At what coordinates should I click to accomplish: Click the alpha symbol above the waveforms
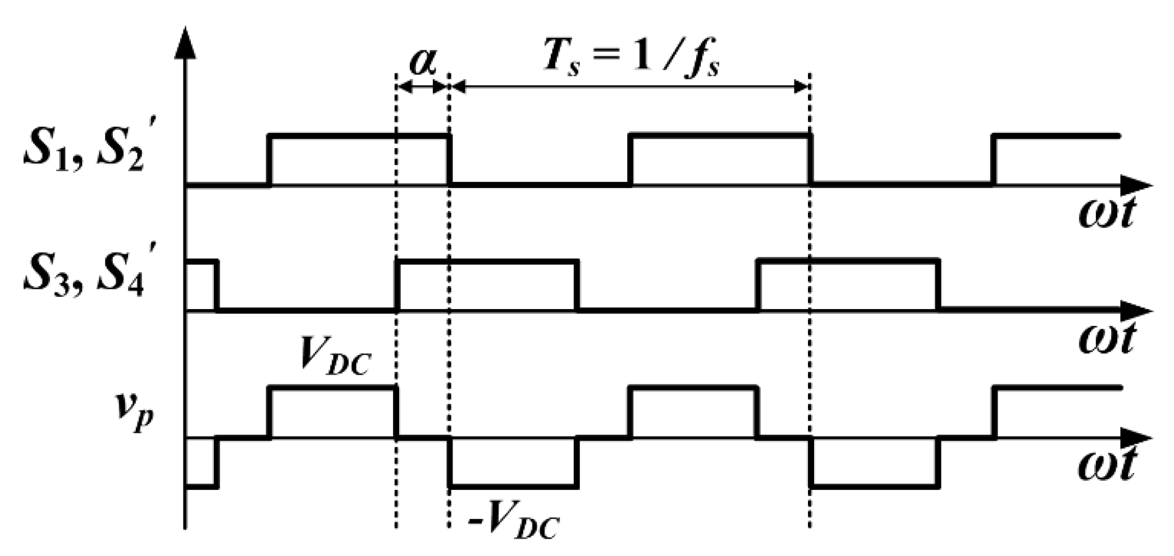(422, 62)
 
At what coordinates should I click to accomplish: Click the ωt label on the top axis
(1106, 213)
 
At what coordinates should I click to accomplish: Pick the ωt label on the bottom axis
(1106, 465)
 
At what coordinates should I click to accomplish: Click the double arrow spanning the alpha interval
(422, 86)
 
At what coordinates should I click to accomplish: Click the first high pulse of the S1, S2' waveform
(359, 136)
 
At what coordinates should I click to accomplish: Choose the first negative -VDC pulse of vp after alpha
(513, 486)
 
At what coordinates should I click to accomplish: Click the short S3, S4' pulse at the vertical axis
(201, 262)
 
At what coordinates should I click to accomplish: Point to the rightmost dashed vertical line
(810, 337)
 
